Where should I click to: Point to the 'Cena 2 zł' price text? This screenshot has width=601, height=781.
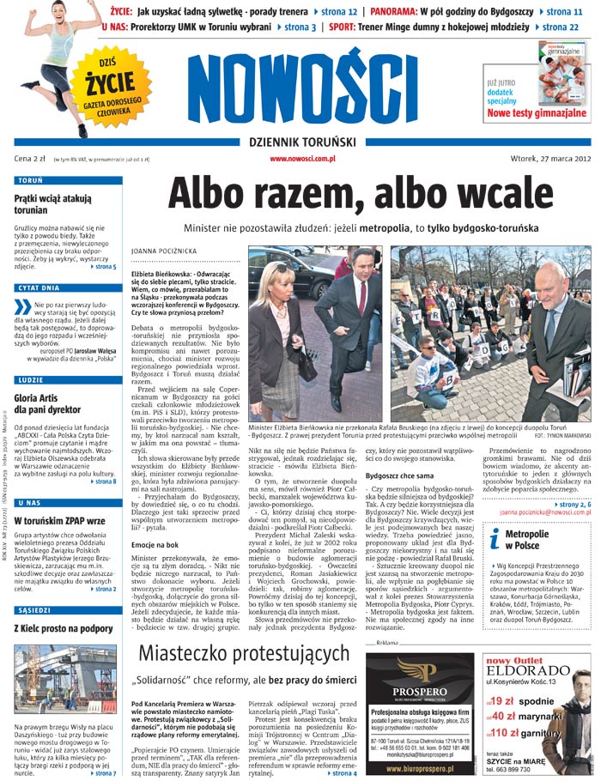coord(30,159)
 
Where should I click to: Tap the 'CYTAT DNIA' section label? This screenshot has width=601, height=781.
coord(39,288)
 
